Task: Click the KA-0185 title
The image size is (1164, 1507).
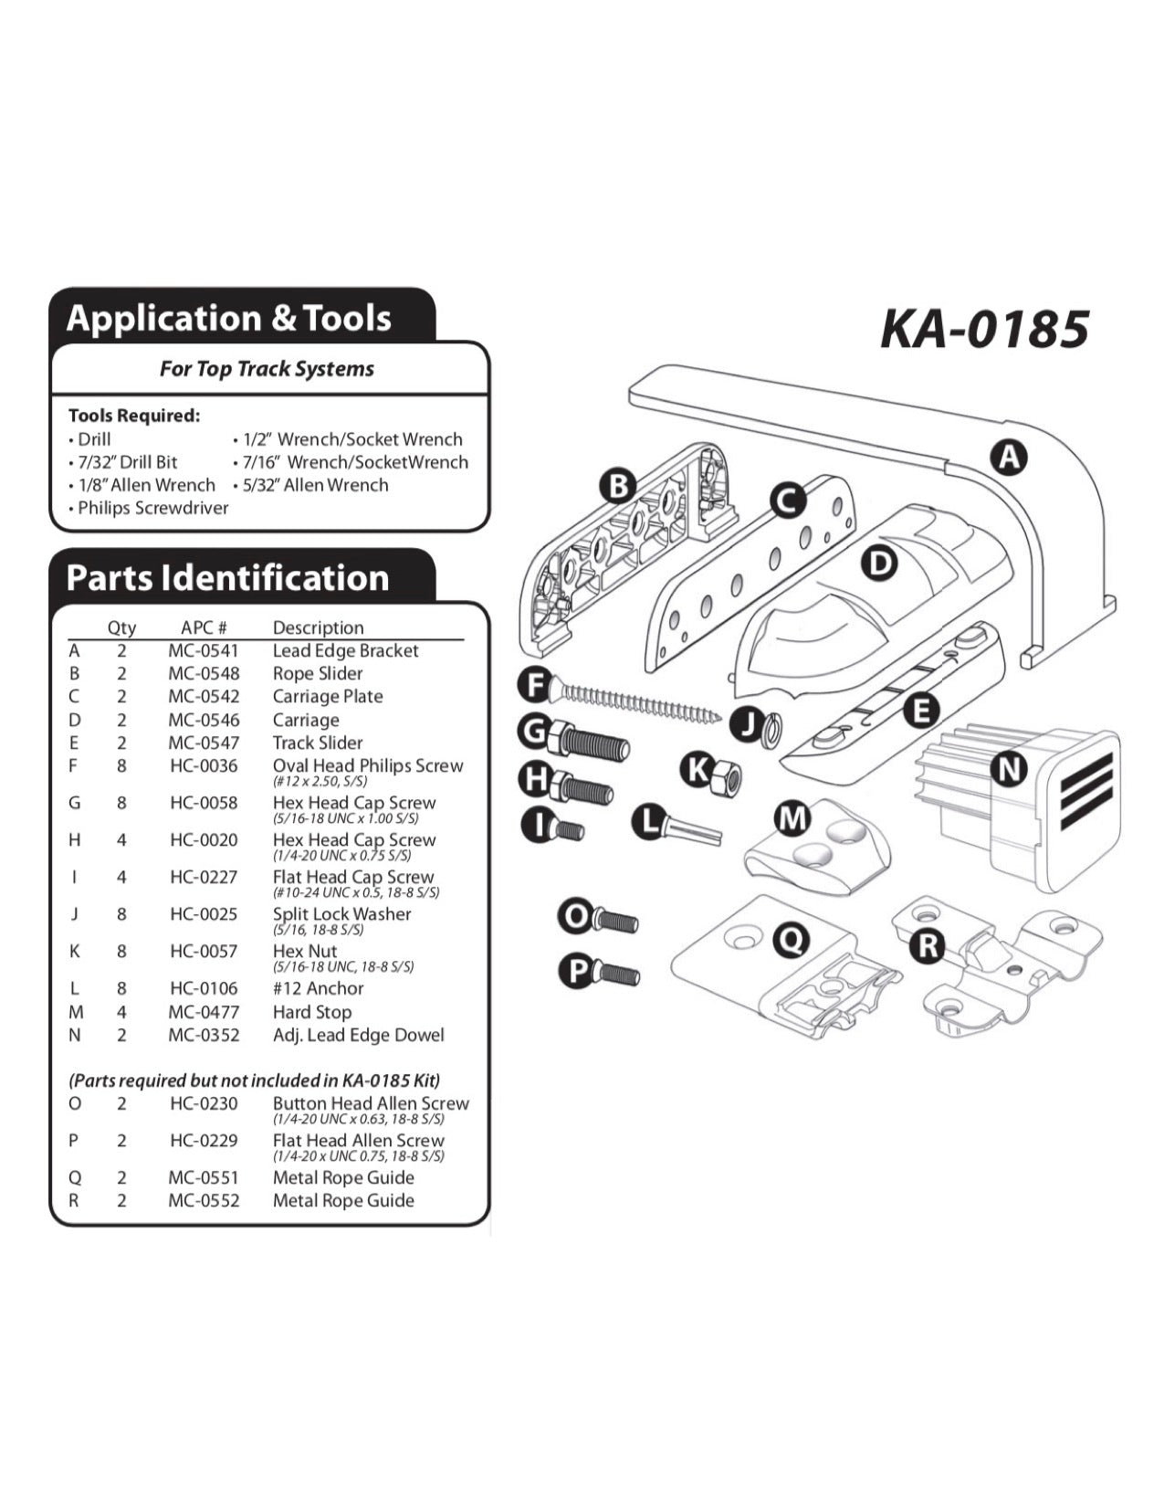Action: pyautogui.click(x=984, y=329)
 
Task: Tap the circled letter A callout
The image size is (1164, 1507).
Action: pyautogui.click(x=1009, y=457)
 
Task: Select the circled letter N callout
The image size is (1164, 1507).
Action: pyautogui.click(x=1008, y=769)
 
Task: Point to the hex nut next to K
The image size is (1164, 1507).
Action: pyautogui.click(x=727, y=777)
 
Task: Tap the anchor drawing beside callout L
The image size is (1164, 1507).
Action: pyautogui.click(x=690, y=830)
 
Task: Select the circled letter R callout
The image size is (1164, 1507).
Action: pyautogui.click(x=928, y=945)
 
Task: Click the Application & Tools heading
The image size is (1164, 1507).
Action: pyautogui.click(x=229, y=319)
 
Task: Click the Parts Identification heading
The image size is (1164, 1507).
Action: pyautogui.click(x=228, y=578)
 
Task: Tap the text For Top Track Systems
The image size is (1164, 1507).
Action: pyautogui.click(x=267, y=369)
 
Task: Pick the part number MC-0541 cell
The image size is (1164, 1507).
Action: pyautogui.click(x=204, y=650)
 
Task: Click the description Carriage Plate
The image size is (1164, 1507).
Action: pyautogui.click(x=328, y=696)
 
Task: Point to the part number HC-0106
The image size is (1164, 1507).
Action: pyautogui.click(x=204, y=988)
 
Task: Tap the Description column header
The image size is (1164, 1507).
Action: pyautogui.click(x=318, y=627)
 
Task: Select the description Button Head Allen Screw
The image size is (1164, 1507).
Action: pyautogui.click(x=371, y=1103)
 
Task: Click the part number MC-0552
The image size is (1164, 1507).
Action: pyautogui.click(x=204, y=1200)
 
